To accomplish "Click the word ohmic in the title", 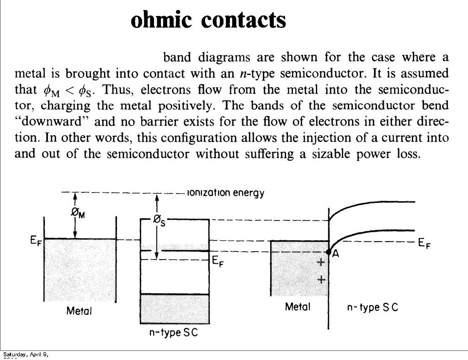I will click(162, 20).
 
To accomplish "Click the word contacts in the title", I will click(244, 20).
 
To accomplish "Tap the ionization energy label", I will click(226, 193).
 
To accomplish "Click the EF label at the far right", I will click(425, 244).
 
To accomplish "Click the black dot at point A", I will click(329, 252).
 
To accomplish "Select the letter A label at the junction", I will click(335, 254).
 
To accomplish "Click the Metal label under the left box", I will click(79, 311).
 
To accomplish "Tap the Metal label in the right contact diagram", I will click(298, 307).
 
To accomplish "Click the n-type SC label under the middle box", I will click(174, 333).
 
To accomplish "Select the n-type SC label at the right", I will click(372, 307).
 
